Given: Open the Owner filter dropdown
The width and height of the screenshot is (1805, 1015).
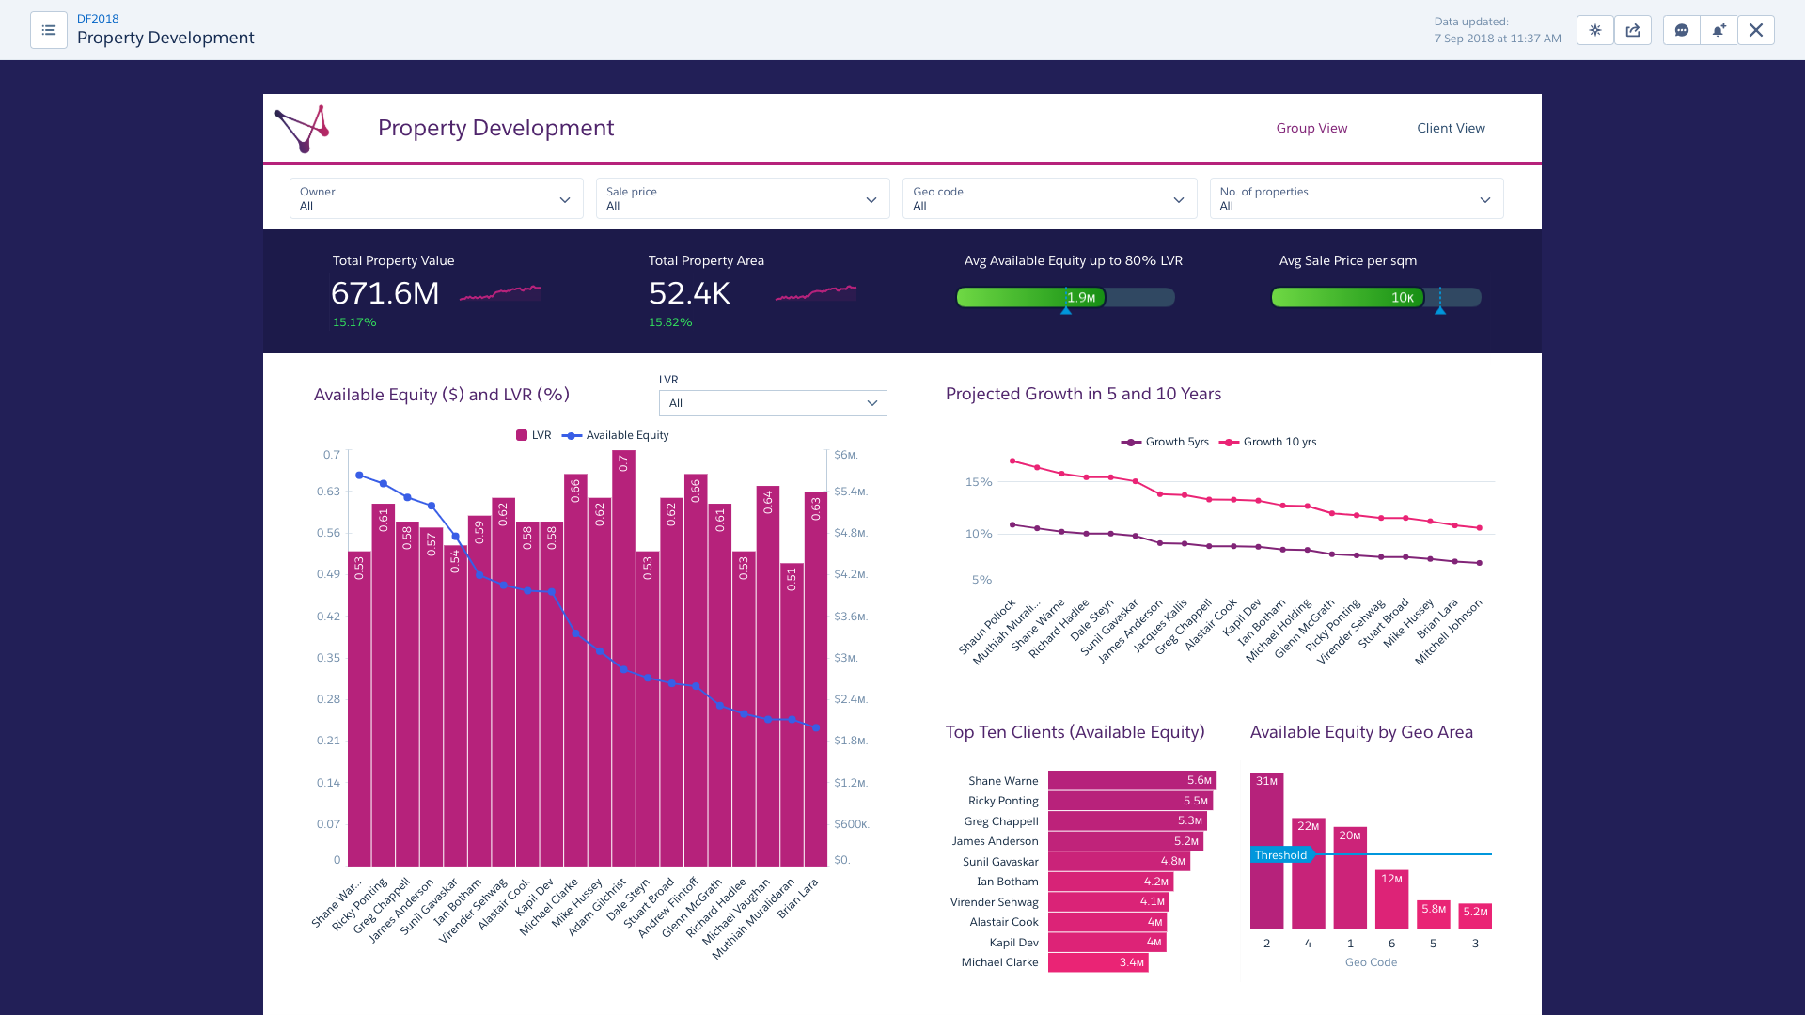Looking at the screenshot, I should (x=435, y=198).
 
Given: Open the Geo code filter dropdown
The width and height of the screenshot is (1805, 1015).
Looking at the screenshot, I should (x=1049, y=198).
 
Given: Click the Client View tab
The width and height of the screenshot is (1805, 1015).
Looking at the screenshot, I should (x=1451, y=128).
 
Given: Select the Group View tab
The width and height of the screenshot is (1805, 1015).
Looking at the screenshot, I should (x=1311, y=128).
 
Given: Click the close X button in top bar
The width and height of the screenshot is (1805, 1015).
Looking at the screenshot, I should (x=1755, y=30).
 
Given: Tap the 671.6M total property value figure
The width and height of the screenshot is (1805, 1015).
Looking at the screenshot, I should (x=385, y=293).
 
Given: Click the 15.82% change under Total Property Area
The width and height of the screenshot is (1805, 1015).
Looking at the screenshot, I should (x=670, y=322).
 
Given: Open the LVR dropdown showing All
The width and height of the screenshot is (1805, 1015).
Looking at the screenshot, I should (x=773, y=403).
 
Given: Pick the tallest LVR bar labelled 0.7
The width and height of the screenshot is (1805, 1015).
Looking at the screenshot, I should (x=623, y=658).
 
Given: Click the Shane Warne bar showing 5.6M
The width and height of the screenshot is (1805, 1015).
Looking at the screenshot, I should (x=1132, y=780).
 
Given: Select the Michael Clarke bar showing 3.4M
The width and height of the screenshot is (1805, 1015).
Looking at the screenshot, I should (x=1098, y=962).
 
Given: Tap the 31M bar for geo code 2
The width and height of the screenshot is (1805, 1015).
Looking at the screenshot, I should (x=1266, y=851).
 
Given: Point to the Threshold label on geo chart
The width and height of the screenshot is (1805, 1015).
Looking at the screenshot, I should (x=1280, y=855).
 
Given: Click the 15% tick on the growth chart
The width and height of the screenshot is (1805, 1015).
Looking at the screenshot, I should (x=979, y=482).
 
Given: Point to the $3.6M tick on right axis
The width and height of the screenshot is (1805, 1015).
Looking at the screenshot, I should (x=850, y=617).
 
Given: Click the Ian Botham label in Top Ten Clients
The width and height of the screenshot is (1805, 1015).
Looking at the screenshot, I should (x=1007, y=882).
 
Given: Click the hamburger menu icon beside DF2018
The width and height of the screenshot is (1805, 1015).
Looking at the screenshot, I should (x=49, y=30).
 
